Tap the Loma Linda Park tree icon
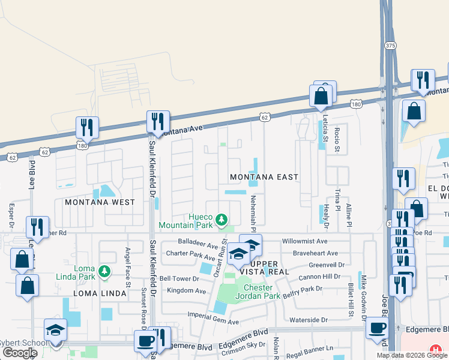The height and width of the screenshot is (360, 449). click(x=104, y=272)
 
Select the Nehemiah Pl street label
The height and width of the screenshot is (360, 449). click(x=253, y=214)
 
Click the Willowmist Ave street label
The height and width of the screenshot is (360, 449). click(x=305, y=241)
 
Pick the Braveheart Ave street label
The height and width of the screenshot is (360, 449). click(x=316, y=253)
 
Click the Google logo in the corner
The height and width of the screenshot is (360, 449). click(x=20, y=353)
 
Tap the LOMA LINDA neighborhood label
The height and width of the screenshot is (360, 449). click(x=100, y=293)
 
